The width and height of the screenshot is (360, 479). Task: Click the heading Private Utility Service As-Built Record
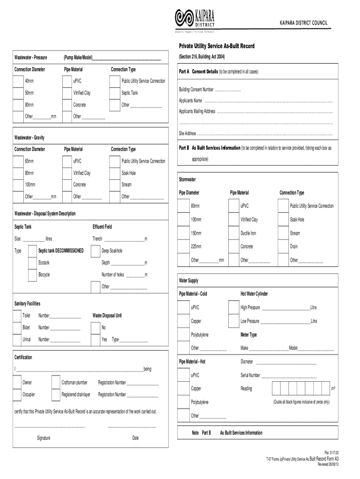tap(217, 47)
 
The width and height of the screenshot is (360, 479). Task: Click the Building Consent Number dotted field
tap(228, 89)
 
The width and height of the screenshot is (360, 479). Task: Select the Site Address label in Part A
tap(187, 134)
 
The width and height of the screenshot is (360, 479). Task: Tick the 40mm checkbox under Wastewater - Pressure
tap(18, 81)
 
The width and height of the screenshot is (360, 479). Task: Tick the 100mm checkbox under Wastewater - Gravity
tap(18, 185)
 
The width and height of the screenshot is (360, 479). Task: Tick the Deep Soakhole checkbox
tap(95, 251)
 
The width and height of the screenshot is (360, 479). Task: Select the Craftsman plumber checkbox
tap(55, 383)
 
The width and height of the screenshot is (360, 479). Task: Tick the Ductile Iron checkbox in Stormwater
tap(233, 233)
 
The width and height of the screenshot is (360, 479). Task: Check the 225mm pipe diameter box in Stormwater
tap(183, 247)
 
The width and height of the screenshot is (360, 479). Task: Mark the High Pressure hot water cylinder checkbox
tap(233, 307)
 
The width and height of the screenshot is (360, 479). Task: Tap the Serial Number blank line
tap(289, 376)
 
